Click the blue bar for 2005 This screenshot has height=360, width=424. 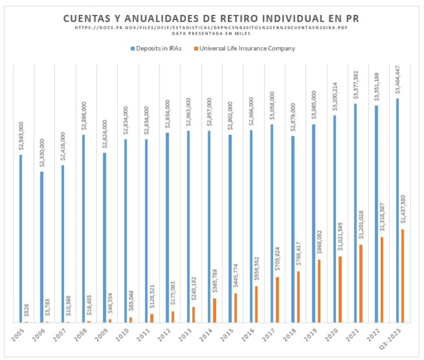click(20, 238)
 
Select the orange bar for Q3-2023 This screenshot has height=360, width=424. click(403, 276)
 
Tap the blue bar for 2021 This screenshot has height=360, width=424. click(355, 213)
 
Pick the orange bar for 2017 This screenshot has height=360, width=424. click(277, 300)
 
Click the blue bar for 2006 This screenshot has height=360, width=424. click(41, 247)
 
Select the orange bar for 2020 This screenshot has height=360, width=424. click(340, 289)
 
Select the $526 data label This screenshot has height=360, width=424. click(27, 311)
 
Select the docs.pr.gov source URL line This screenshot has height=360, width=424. click(212, 28)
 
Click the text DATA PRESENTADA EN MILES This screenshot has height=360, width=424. click(212, 33)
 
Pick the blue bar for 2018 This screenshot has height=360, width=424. click(292, 229)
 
